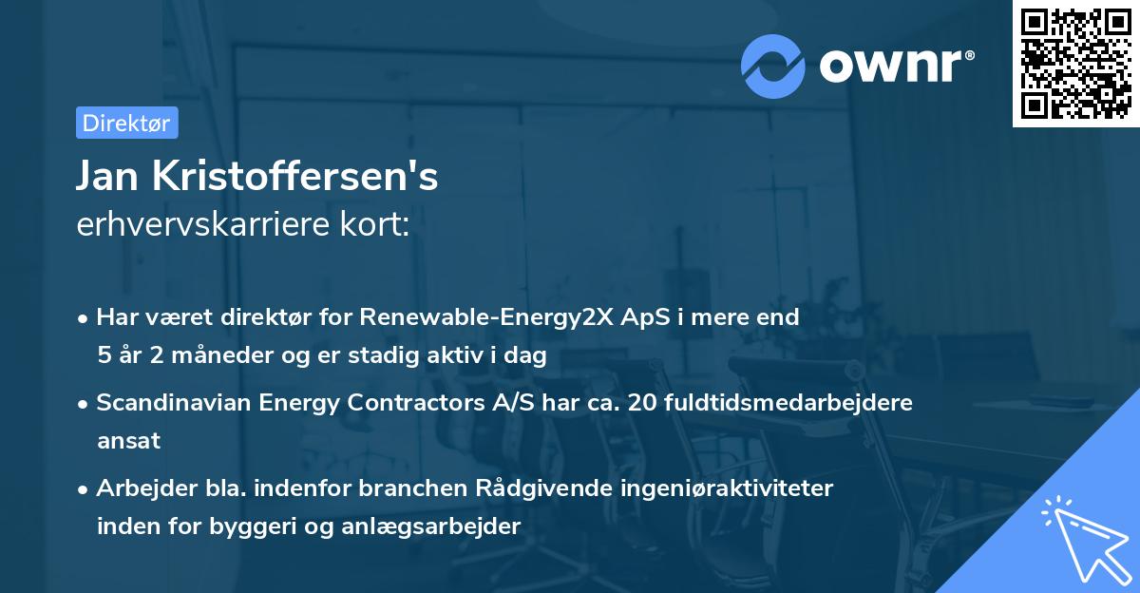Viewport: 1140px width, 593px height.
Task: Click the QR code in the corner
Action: tap(1075, 63)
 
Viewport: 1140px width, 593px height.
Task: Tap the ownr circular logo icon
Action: tap(773, 66)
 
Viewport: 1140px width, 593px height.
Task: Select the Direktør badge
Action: tap(126, 123)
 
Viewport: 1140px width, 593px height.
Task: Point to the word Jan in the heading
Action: tap(104, 177)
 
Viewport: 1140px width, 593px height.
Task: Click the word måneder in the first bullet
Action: tap(208, 355)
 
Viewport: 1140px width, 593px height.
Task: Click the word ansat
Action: tap(128, 441)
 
